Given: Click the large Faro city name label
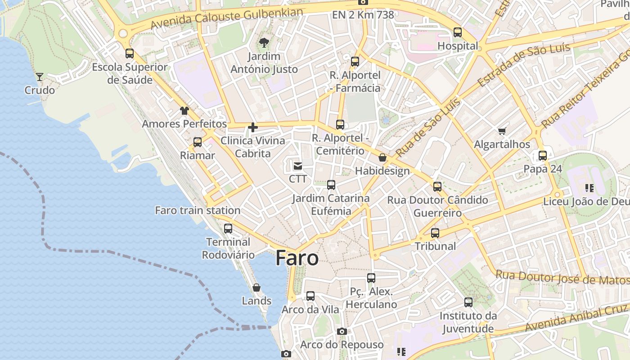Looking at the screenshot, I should tap(297, 258).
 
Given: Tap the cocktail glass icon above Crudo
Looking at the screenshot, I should tap(40, 77).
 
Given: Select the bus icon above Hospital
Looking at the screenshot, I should tap(458, 32).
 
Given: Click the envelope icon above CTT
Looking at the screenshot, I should tap(298, 166).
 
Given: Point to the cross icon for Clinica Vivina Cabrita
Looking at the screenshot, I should tap(253, 127).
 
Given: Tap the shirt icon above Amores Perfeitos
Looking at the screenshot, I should tap(184, 110).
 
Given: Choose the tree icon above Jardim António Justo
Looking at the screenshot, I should tap(264, 43).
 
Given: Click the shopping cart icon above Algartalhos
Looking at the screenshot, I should tap(502, 131).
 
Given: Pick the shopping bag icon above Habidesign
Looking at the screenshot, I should tap(382, 157).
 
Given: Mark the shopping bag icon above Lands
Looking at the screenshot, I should tap(256, 287).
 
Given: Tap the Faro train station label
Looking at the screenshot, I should tap(198, 210).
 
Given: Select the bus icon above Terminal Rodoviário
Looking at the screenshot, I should tap(228, 229).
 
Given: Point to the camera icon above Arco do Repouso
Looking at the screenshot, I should tap(342, 332).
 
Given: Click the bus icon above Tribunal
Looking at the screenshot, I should tap(435, 233).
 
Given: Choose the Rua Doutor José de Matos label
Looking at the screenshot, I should tap(562, 277).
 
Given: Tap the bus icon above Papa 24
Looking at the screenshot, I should tap(543, 156).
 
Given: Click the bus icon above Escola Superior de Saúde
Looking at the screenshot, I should tap(130, 54).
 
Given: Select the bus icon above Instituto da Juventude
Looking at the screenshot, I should tap(468, 302).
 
